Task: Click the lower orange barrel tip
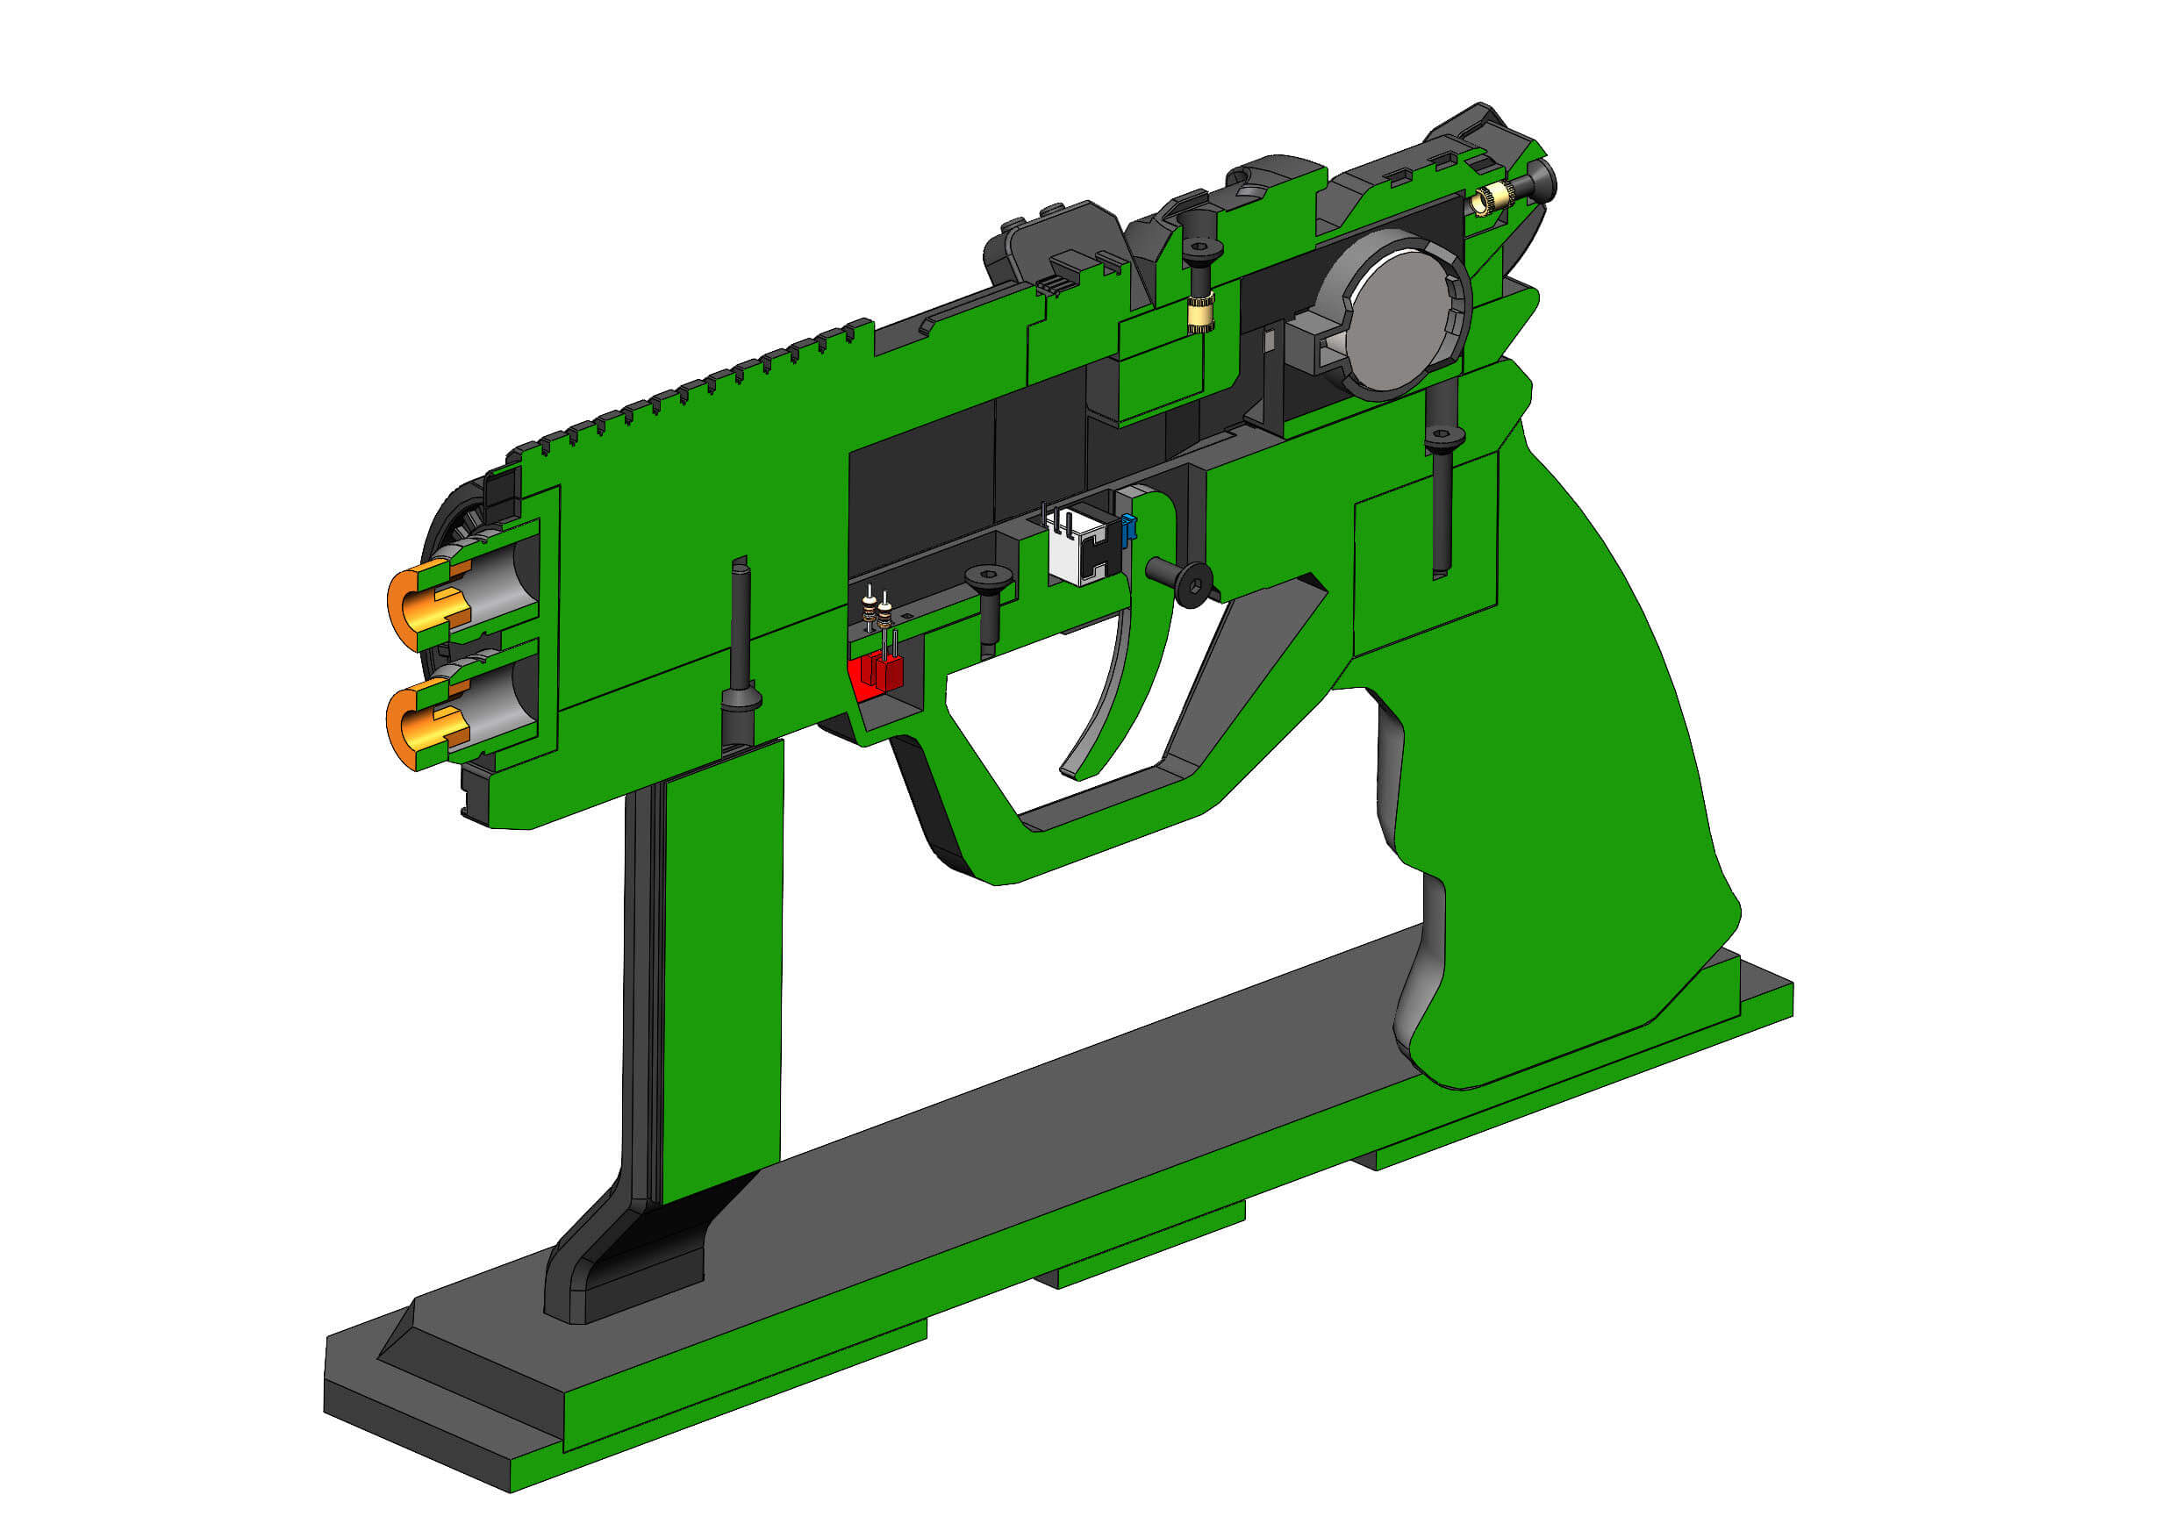click(422, 724)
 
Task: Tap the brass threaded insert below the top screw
click(1201, 312)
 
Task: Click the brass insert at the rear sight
click(1488, 200)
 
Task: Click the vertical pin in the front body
click(741, 654)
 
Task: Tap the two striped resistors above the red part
click(877, 612)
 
